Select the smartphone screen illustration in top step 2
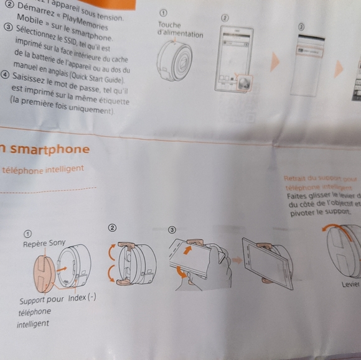click(x=233, y=59)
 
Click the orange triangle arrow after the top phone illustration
click(x=274, y=62)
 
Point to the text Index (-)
click(x=82, y=298)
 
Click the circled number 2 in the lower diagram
click(x=113, y=228)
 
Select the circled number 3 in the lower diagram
click(x=172, y=228)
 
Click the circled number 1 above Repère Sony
click(x=28, y=234)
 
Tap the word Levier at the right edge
click(x=350, y=284)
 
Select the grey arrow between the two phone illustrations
click(x=237, y=259)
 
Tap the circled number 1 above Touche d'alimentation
click(x=164, y=12)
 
